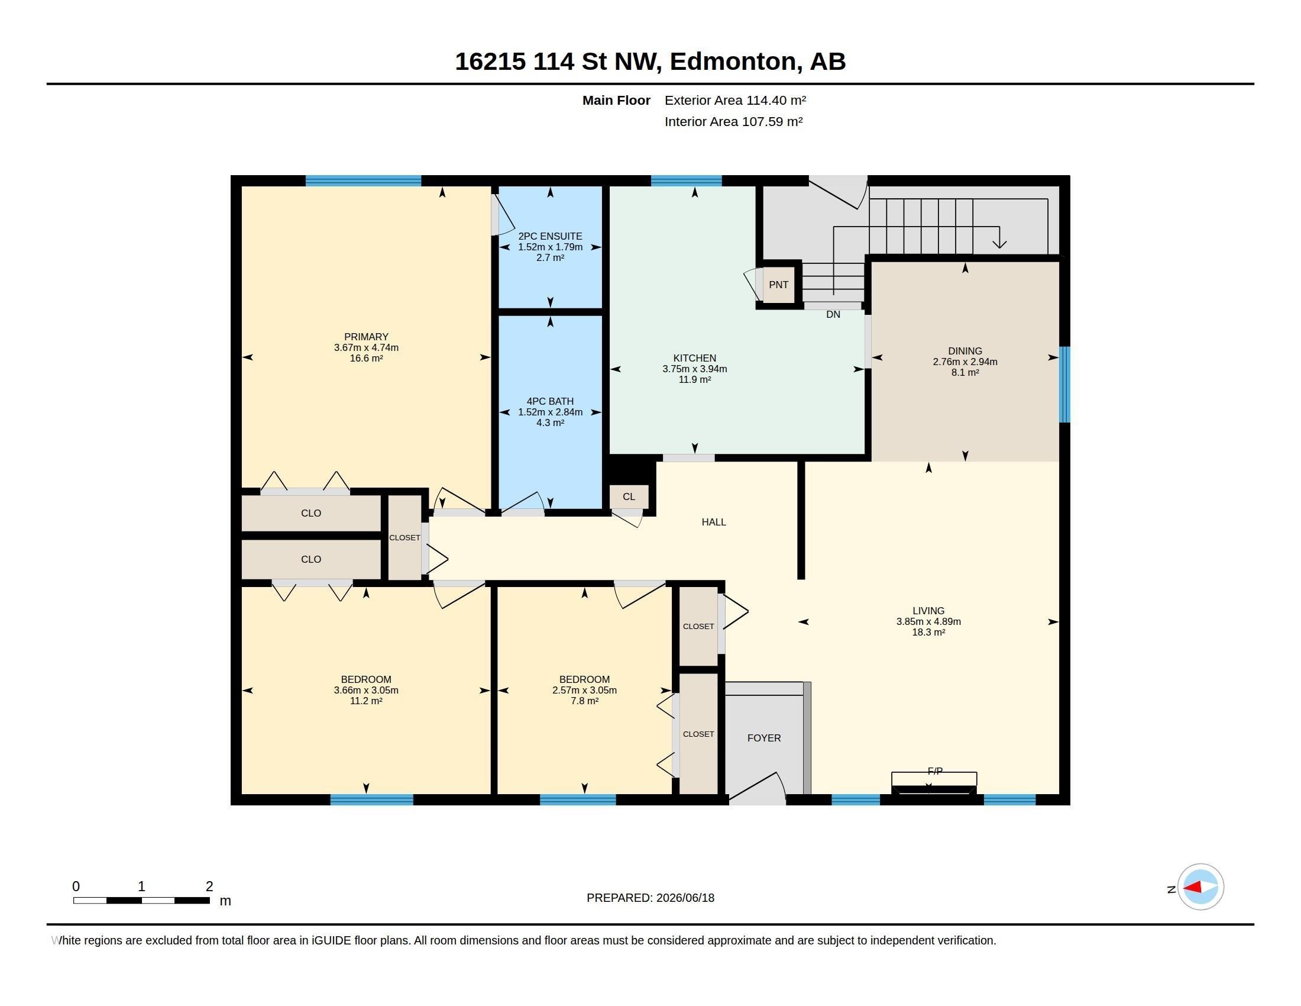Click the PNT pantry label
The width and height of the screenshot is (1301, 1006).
[778, 285]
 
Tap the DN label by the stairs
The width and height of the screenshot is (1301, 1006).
[833, 315]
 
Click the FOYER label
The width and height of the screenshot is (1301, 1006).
[763, 738]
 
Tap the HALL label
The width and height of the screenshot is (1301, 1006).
[714, 522]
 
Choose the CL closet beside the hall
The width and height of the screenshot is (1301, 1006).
[629, 496]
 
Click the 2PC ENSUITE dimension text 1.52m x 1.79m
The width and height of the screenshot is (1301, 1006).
[550, 247]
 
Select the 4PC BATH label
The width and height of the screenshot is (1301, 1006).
[550, 401]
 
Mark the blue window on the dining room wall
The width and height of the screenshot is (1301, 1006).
[1064, 385]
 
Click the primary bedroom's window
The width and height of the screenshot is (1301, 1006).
[363, 181]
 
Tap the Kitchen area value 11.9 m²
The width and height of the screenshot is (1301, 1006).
[695, 380]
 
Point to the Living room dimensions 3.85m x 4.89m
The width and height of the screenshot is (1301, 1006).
[928, 621]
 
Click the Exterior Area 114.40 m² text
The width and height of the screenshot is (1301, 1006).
[735, 100]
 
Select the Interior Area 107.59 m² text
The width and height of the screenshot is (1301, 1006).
[733, 121]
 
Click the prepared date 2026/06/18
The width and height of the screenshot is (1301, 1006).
[685, 898]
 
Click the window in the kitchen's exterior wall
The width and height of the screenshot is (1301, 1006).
[686, 181]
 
